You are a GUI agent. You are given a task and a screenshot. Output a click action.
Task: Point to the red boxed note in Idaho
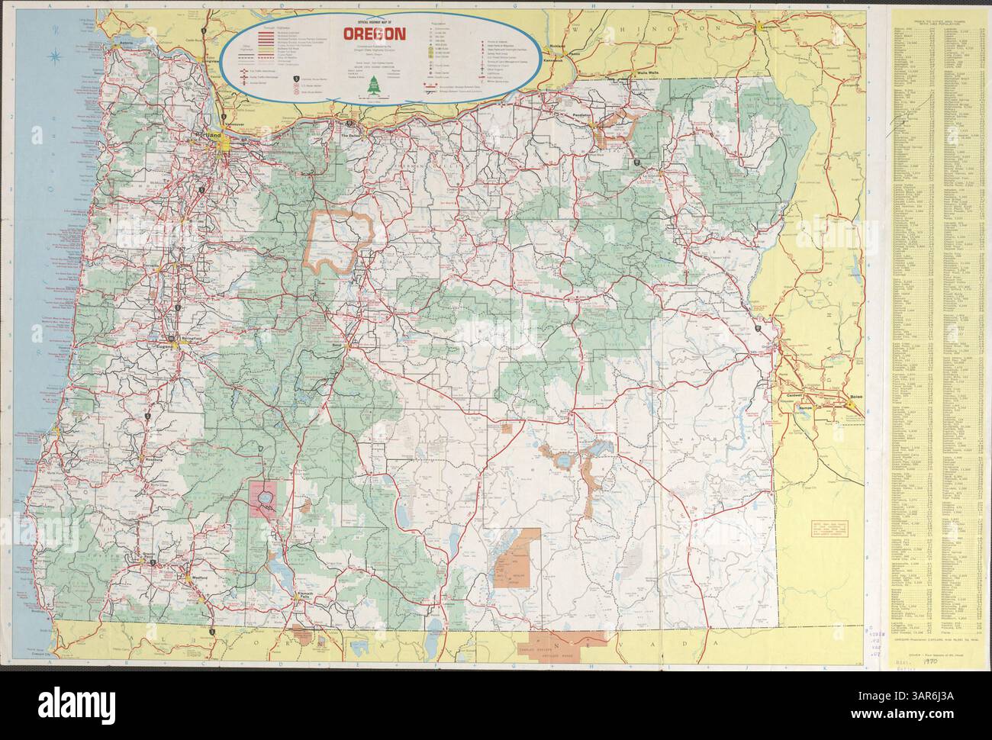[821, 529]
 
